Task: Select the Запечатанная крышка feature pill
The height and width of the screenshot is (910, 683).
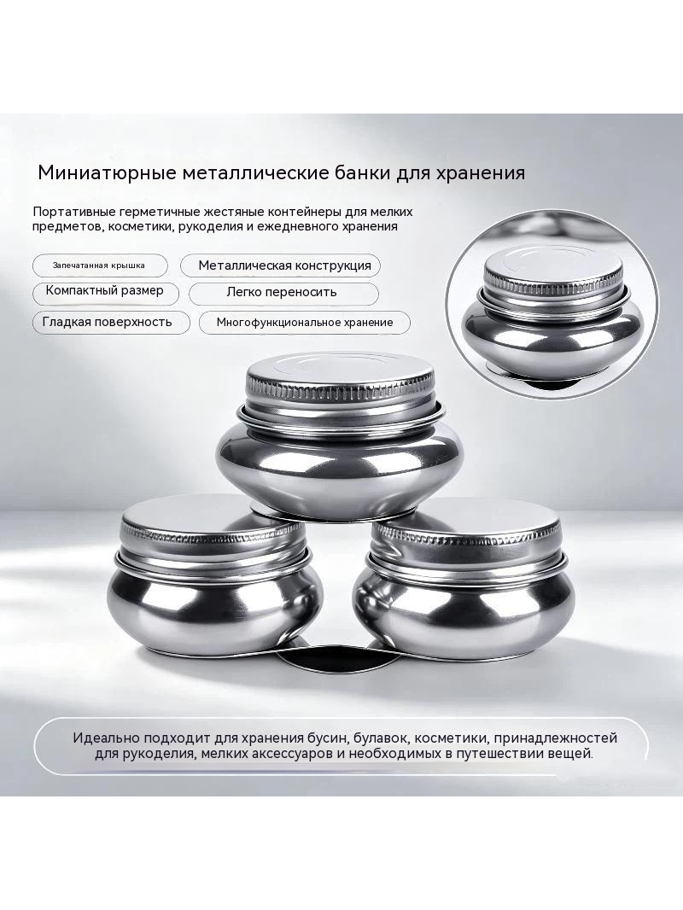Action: pos(101,265)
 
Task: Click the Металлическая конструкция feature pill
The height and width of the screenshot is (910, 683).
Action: pos(281,265)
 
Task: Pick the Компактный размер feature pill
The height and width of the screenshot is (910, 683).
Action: pos(104,291)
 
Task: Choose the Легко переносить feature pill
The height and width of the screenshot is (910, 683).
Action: pos(283,293)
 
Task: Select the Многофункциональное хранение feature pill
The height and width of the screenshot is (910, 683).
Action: pos(305,323)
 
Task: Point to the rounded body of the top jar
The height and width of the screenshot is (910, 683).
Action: pos(340,459)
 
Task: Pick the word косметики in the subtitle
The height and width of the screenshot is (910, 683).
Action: pos(138,226)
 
